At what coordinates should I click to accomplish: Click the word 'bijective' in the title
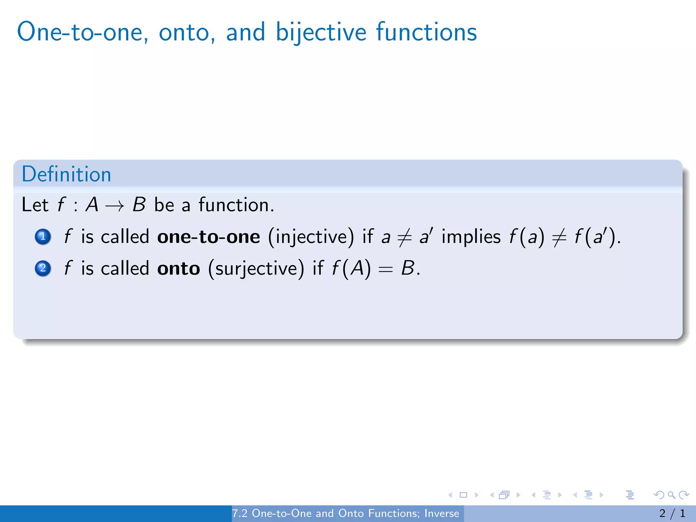click(x=321, y=32)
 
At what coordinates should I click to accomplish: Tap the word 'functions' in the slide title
click(x=426, y=32)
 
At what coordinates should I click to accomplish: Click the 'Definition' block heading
click(x=67, y=174)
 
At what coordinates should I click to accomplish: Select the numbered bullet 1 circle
click(x=43, y=237)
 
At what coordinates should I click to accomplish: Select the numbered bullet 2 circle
click(x=43, y=268)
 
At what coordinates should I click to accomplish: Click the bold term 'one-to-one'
click(x=209, y=237)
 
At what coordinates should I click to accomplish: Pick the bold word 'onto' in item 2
click(x=179, y=268)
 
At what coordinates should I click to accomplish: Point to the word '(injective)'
click(x=311, y=237)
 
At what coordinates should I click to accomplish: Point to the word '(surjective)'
click(x=256, y=268)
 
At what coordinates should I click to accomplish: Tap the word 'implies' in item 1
click(x=471, y=237)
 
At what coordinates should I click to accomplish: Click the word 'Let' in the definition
click(x=35, y=205)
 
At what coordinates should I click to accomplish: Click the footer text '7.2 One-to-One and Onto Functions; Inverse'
click(x=345, y=514)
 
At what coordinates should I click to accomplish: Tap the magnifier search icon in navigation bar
click(x=671, y=495)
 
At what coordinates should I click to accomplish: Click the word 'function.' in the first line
click(x=236, y=205)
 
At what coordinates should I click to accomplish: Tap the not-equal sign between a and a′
click(x=404, y=237)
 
